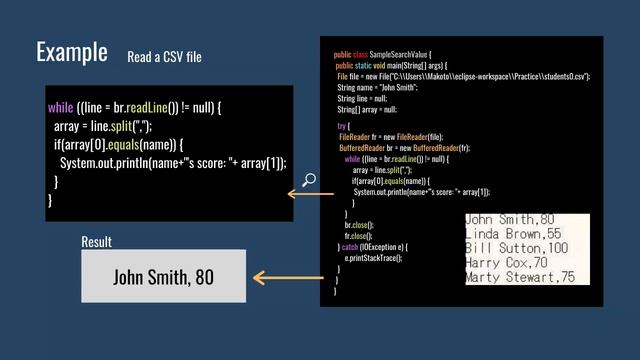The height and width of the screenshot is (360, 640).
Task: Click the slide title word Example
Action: [x=72, y=51]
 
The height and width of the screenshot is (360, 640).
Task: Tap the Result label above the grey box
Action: [x=96, y=242]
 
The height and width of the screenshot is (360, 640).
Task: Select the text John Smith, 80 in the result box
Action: [x=163, y=276]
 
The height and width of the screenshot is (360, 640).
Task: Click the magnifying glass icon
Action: [x=309, y=180]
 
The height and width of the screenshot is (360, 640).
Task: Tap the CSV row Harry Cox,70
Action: [x=507, y=262]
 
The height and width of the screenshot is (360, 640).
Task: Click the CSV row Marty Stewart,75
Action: [x=520, y=277]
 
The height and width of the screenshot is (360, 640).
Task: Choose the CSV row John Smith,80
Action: [x=509, y=219]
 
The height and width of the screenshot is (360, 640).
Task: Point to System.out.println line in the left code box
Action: [x=173, y=163]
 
